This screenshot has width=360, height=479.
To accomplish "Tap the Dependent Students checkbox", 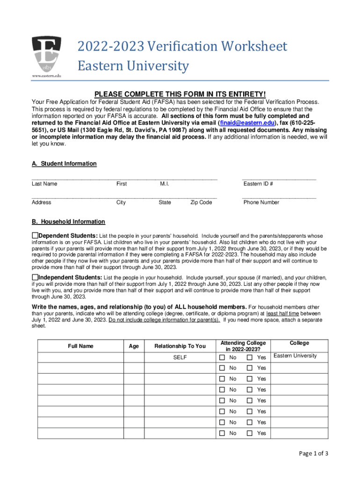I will click(35, 235).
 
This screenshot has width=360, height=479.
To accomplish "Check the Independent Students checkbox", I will click(35, 277).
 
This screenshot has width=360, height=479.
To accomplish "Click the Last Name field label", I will click(44, 184).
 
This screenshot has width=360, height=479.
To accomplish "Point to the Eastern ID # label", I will click(258, 184).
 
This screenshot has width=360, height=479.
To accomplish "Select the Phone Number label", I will click(261, 203).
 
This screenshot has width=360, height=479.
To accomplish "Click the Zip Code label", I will click(201, 203).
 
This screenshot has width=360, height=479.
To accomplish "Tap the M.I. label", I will click(164, 184).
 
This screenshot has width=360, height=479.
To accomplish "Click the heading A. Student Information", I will click(64, 164).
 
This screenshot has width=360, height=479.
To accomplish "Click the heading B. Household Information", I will click(68, 222).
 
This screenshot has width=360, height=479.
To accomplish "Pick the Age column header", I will click(134, 346).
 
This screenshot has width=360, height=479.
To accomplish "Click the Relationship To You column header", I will click(180, 346).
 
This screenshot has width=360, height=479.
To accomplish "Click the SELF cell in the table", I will click(180, 357).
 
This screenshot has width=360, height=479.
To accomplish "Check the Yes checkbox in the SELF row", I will click(250, 357).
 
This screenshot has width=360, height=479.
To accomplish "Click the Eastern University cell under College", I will click(295, 356).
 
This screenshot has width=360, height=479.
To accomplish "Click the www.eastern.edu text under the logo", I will click(46, 75).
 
